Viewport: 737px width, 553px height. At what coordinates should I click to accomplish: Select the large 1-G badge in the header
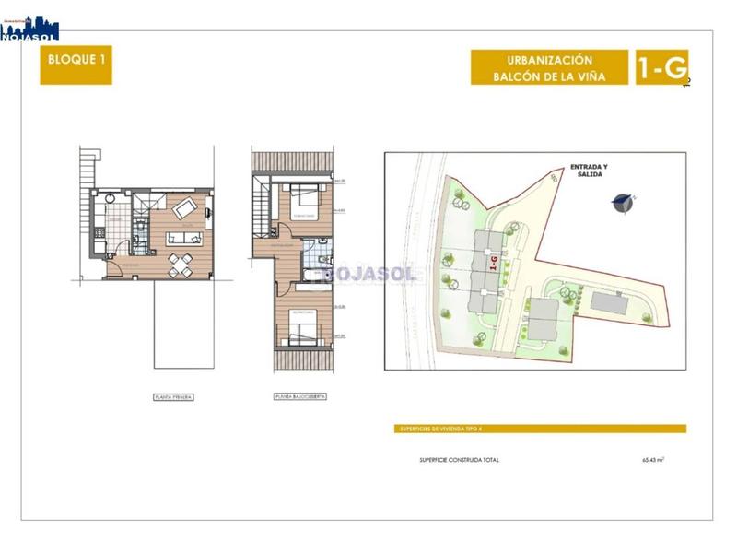[661, 67]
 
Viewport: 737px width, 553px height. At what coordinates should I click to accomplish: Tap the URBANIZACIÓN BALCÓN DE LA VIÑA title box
[549, 67]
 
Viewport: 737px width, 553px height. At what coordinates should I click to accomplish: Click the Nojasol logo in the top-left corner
[29, 28]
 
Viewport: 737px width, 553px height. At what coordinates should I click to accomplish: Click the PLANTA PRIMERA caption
[174, 397]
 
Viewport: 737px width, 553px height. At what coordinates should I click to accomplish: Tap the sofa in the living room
[185, 238]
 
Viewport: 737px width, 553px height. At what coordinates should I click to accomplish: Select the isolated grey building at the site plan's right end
[609, 301]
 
